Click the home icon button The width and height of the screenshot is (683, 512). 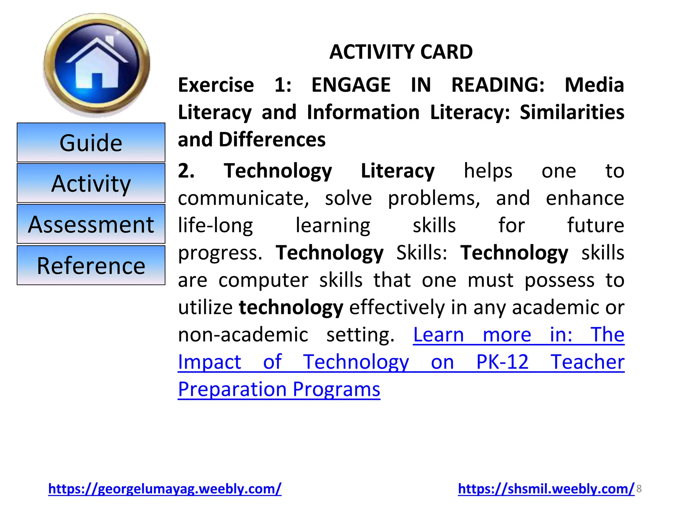click(x=97, y=65)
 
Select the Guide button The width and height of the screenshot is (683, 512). click(x=91, y=143)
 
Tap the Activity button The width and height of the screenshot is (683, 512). click(x=91, y=183)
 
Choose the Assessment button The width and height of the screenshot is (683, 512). click(x=91, y=224)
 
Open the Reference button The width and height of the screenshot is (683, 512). click(x=91, y=266)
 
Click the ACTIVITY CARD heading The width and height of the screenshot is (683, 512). click(x=401, y=52)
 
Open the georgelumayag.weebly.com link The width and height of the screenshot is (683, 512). click(x=165, y=489)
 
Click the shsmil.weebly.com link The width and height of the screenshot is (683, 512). click(x=546, y=489)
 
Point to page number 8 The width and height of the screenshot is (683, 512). click(x=639, y=489)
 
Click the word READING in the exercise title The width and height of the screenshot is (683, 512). click(x=498, y=85)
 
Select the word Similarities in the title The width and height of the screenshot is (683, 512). click(x=572, y=112)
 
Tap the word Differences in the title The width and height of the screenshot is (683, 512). click(x=272, y=139)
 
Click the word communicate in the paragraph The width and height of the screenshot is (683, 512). click(x=243, y=198)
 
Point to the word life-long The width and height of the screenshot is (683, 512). click(x=215, y=226)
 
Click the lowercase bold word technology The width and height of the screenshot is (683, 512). click(x=291, y=307)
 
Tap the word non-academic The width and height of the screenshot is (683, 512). click(x=243, y=335)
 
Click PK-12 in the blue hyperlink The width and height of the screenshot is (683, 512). click(x=502, y=362)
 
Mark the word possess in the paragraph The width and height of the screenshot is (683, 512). click(x=559, y=280)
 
